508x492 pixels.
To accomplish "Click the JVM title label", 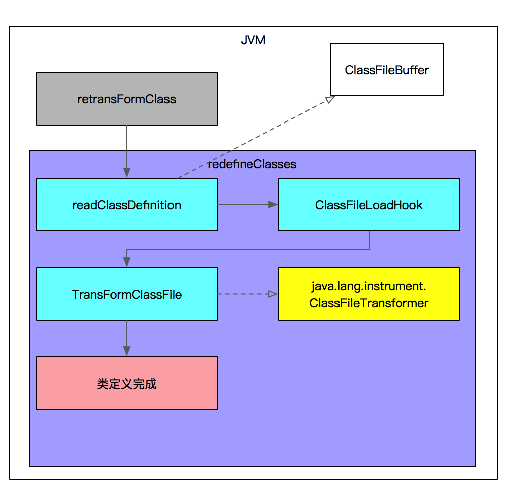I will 253,40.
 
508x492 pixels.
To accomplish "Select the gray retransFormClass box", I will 126,98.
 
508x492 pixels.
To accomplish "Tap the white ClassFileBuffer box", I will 386,69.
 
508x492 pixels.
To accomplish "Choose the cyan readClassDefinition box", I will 126,204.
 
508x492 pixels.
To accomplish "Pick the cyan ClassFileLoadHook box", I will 369,204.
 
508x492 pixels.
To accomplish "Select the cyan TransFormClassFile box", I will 126,294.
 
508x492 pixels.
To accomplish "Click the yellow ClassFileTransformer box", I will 369,294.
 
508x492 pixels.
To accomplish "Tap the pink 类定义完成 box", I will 126,383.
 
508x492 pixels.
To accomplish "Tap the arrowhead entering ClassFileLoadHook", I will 273,204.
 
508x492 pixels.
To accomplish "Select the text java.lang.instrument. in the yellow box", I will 369,286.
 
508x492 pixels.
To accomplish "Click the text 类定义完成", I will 126,384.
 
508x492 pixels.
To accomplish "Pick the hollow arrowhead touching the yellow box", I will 273,294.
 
